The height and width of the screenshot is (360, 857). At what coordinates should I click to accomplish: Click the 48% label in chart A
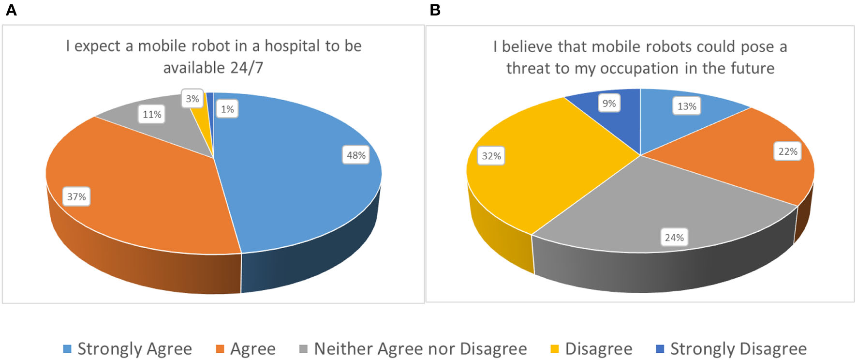[x=356, y=155]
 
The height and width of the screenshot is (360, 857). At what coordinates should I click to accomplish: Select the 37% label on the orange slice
[x=76, y=197]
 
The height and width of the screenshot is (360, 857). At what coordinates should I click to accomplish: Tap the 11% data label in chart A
[x=152, y=115]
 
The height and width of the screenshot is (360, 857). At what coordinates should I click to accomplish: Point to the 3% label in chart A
[x=192, y=99]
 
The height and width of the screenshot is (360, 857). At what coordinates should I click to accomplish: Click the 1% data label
[x=227, y=109]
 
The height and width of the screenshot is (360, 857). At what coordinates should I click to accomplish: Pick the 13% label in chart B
[x=686, y=106]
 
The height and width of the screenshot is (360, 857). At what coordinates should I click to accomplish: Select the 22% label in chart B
[x=787, y=151]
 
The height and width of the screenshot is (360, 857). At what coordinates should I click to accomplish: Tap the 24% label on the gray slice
[x=674, y=238]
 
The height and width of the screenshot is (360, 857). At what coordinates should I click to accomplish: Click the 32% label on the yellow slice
[x=491, y=156]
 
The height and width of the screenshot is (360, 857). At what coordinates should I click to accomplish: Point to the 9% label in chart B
[x=609, y=103]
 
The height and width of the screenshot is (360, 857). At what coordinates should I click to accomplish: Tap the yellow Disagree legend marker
[x=555, y=349]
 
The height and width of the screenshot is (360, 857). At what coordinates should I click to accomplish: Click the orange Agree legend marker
[x=220, y=349]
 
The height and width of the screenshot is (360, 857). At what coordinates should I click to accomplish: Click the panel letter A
[x=11, y=10]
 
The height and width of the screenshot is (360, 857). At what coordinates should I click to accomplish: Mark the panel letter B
[x=435, y=10]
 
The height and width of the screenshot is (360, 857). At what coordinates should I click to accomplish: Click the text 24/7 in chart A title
[x=247, y=68]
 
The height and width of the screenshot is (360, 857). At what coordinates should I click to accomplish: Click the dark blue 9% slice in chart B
[x=624, y=121]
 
